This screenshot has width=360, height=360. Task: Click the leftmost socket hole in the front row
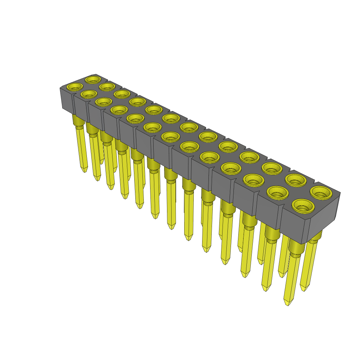[75, 86]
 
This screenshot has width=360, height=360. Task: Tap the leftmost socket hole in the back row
[93, 79]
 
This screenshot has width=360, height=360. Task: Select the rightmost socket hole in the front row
[303, 205]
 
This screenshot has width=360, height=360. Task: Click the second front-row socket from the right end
[277, 192]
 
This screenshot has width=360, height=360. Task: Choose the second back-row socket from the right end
[295, 180]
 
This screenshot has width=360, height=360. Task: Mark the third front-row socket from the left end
[104, 102]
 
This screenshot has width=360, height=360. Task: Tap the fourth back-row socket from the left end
[137, 101]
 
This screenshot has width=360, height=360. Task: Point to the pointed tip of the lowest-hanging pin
[288, 304]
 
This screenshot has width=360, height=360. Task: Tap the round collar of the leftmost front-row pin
[78, 120]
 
